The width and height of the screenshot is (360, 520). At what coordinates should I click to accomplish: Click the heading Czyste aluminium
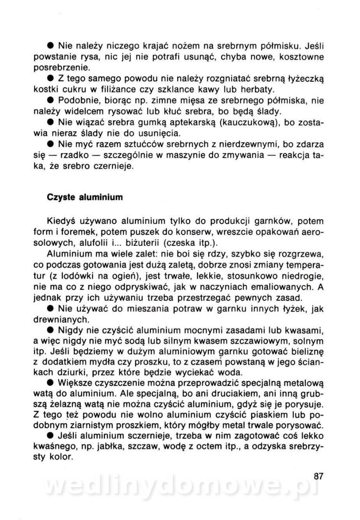[x=84, y=197]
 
